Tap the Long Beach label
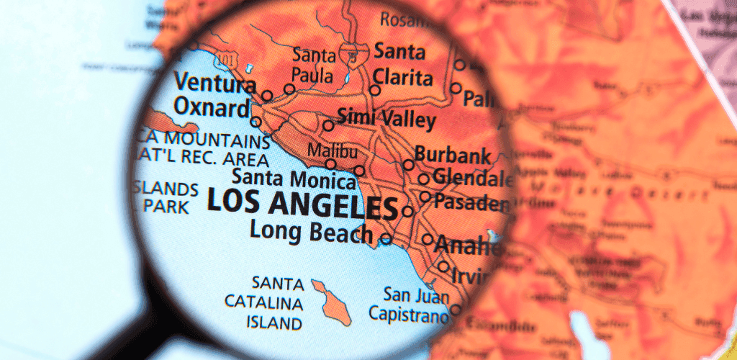click(311, 232)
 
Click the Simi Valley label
click(386, 119)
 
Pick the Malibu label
click(332, 151)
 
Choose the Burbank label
click(453, 155)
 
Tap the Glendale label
click(471, 178)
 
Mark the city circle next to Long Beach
click(386, 238)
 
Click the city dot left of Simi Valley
click(328, 125)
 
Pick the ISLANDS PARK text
click(166, 198)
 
